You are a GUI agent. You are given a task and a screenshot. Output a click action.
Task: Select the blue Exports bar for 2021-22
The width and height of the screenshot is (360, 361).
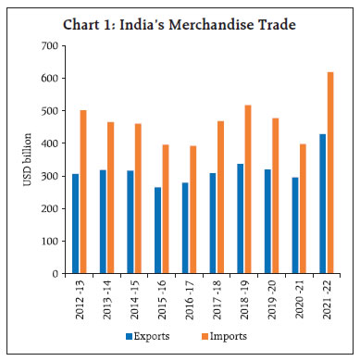point(323,204)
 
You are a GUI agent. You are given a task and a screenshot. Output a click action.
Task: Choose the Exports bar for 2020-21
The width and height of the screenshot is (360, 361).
point(295,226)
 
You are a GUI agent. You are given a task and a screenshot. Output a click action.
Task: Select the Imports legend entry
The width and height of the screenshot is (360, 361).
point(233,335)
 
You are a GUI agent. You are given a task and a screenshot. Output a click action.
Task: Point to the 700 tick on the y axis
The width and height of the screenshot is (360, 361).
point(59,46)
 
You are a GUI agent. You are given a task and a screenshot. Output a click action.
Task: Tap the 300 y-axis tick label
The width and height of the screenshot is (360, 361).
point(59,176)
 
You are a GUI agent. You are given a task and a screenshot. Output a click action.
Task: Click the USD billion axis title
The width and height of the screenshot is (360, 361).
point(30,159)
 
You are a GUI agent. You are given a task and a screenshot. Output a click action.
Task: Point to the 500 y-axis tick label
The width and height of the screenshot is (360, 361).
point(59,111)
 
